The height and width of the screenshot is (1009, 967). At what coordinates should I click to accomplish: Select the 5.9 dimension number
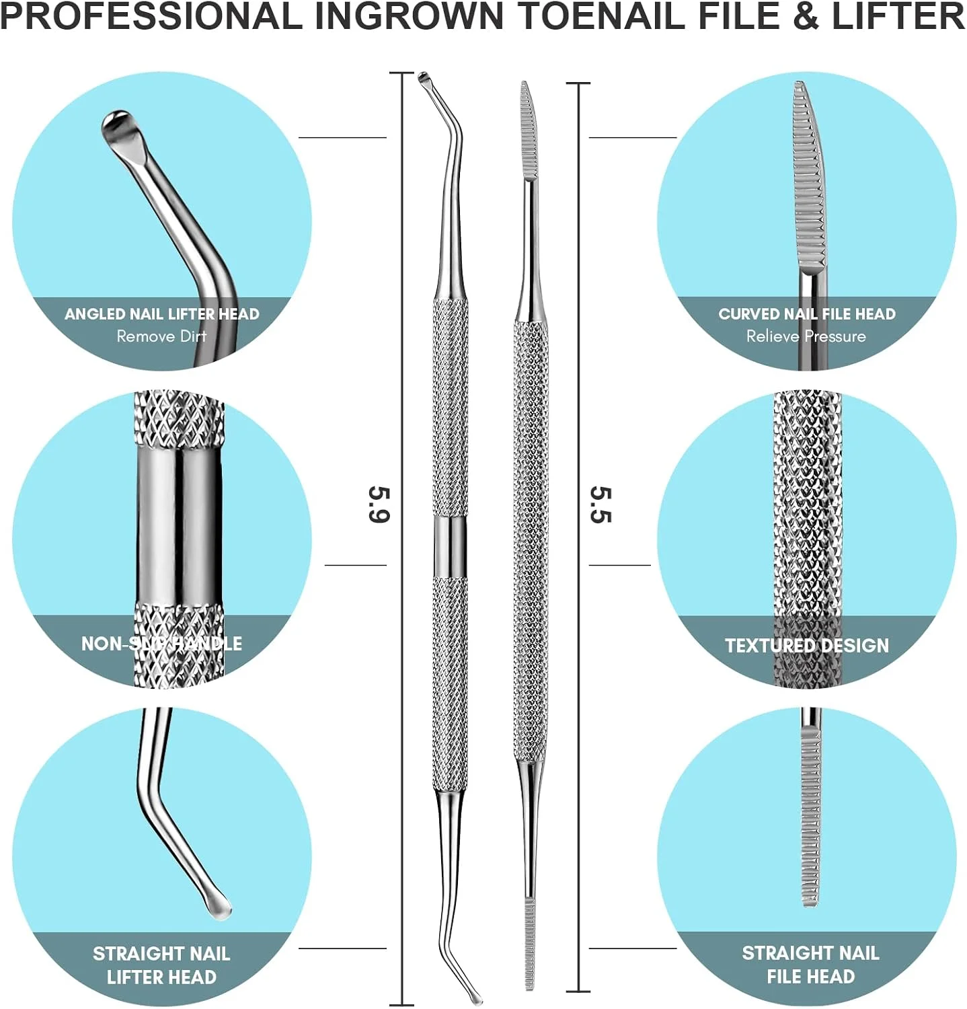pos(379,504)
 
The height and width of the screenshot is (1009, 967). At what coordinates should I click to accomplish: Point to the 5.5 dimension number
pos(601,504)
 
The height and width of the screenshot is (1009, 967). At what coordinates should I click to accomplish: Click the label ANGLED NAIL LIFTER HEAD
pos(161,314)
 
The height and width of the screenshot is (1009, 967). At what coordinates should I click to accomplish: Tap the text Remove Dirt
pos(161,336)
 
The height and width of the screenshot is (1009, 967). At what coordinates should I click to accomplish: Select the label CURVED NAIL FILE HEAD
pos(806,314)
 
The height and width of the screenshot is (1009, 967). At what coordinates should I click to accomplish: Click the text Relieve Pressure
pos(806,336)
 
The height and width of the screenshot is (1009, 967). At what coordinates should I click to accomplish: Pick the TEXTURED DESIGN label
pos(806,645)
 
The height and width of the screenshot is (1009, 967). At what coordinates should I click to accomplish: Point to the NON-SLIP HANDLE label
pos(161,643)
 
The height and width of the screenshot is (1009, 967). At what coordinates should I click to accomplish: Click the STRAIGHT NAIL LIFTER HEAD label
pos(161,965)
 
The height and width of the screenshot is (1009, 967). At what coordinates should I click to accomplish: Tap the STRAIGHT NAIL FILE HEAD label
pos(810,964)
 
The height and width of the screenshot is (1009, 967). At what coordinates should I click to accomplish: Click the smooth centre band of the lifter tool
pos(449,546)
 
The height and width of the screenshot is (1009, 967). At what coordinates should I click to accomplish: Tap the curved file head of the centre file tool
pos(529,131)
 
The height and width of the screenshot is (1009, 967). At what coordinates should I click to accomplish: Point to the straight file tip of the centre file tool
pos(530,945)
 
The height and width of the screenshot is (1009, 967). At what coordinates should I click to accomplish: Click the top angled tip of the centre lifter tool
pos(425,79)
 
